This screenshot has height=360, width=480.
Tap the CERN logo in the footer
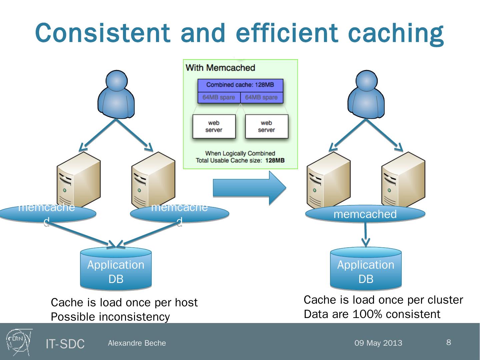[19, 342]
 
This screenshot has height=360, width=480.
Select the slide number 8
[449, 342]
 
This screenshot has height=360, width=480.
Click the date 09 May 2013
[378, 343]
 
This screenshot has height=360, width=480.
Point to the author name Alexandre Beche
[137, 343]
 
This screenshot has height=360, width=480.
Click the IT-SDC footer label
[65, 344]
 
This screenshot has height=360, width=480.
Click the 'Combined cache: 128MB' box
[240, 85]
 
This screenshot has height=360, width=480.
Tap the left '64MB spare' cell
[219, 97]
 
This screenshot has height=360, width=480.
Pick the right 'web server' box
[266, 126]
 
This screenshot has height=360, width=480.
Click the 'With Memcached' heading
[220, 68]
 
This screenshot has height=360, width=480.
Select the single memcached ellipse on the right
[365, 214]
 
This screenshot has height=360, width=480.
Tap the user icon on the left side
[116, 94]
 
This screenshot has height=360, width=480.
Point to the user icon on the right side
[366, 94]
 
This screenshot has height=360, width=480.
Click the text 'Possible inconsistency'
[110, 317]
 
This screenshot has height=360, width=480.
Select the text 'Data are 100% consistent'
[372, 314]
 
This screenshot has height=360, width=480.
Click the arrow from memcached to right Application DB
[366, 235]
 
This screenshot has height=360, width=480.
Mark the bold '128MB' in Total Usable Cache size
[275, 160]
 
